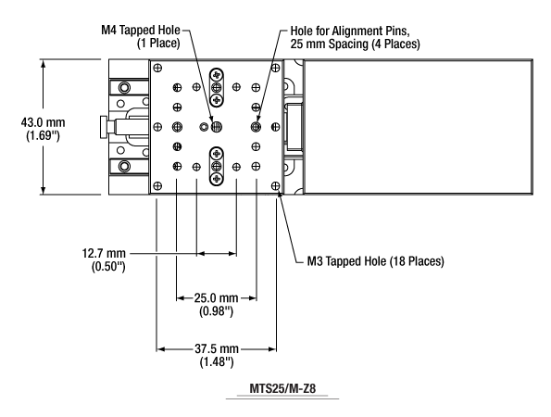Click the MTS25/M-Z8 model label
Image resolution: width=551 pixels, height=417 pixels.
(x=282, y=388)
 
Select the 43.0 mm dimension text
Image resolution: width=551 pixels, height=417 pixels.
(x=43, y=122)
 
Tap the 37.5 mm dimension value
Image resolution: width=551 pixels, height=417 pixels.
(x=217, y=348)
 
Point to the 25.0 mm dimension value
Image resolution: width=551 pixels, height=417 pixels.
(x=216, y=298)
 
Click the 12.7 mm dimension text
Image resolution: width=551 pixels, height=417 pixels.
(x=104, y=253)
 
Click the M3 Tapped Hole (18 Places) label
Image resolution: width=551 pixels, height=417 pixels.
(x=376, y=261)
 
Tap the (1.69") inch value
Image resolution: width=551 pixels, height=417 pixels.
(x=43, y=135)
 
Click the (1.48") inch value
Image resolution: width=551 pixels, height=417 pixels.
(x=217, y=361)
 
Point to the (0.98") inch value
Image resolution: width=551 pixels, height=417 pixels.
(x=216, y=311)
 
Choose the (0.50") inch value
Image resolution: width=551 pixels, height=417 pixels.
(x=108, y=266)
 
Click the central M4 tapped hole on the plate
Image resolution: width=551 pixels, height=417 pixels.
(x=217, y=127)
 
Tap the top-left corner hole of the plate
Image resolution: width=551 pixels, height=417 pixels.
(x=157, y=68)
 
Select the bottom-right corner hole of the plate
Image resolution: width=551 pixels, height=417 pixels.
(x=276, y=185)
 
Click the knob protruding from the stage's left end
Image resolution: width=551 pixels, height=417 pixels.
(x=105, y=127)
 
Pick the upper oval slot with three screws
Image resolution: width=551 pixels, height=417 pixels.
(x=217, y=87)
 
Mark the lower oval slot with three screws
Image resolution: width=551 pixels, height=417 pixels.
(x=217, y=166)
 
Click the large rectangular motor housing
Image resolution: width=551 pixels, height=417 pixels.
(x=419, y=127)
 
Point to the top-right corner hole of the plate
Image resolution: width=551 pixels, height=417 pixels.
(x=276, y=68)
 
